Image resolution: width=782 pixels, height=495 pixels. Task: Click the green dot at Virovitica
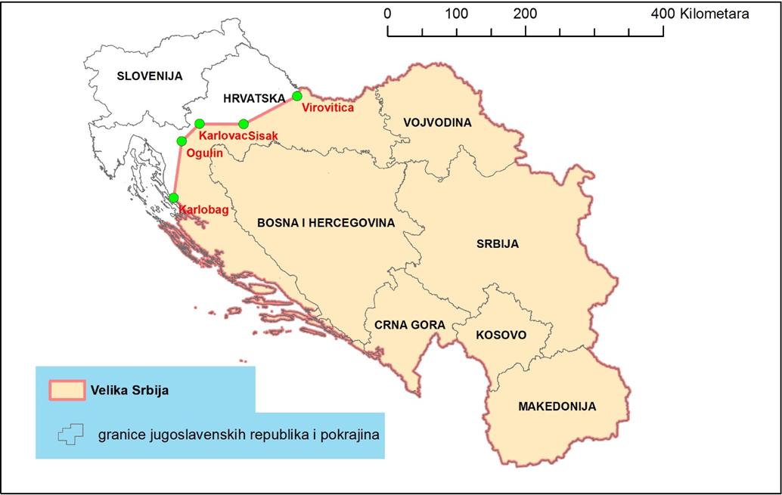tap(297, 96)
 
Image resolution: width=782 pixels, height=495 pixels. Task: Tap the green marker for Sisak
tap(244, 124)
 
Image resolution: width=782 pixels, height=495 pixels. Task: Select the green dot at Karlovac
tap(200, 124)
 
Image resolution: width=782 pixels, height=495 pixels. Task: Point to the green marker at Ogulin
tap(182, 141)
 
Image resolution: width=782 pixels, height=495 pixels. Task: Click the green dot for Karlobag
tap(173, 198)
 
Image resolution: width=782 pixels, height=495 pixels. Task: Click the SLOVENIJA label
tap(150, 76)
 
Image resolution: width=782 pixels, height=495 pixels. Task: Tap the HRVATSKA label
tap(253, 98)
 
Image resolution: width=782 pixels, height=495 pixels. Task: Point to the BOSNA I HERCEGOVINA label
tap(326, 223)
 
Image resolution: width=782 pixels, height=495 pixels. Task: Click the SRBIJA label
tap(498, 244)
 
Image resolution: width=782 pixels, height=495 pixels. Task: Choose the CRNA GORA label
tap(405, 324)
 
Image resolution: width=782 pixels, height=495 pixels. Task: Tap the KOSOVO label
tap(501, 335)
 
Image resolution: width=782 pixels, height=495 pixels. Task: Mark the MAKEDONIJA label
tap(557, 407)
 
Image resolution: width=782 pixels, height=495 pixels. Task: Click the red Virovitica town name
tap(327, 108)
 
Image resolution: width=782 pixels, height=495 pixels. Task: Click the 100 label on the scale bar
tap(457, 14)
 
